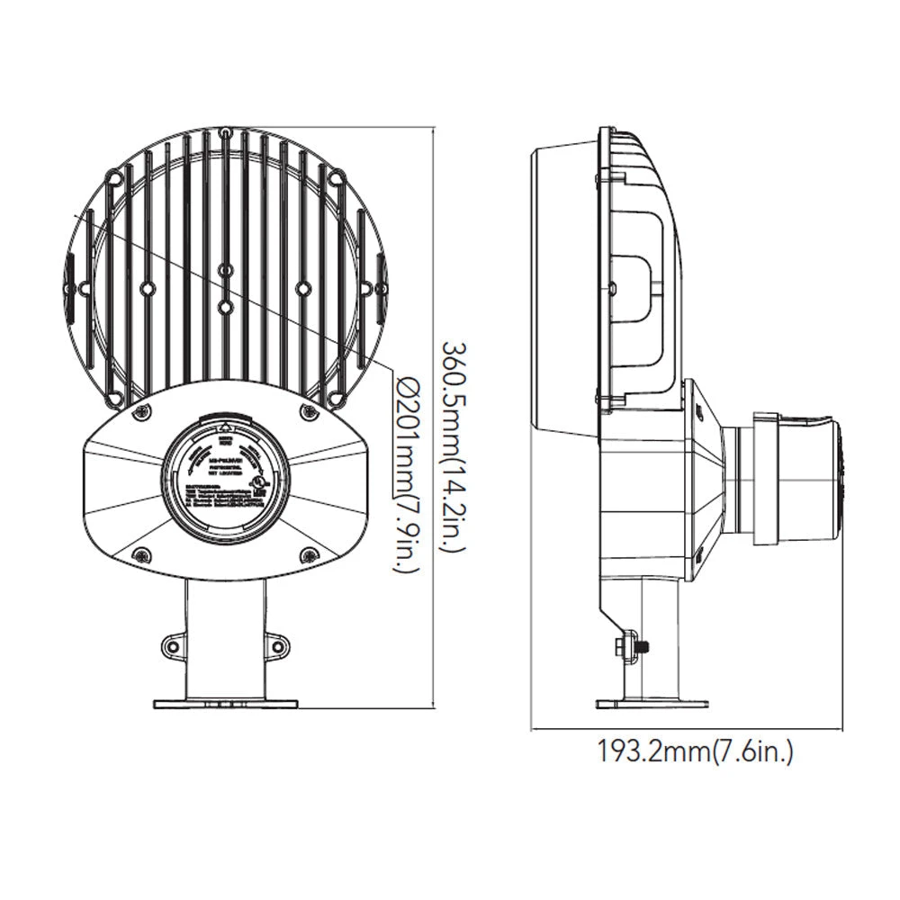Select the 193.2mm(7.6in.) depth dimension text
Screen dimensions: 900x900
[x=696, y=751]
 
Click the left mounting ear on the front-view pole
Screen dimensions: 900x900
[x=174, y=643]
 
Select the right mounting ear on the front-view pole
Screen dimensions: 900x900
[x=276, y=643]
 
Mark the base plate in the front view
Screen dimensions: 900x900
[x=225, y=703]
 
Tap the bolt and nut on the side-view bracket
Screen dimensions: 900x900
[x=630, y=645]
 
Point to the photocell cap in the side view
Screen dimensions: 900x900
[x=796, y=478]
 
